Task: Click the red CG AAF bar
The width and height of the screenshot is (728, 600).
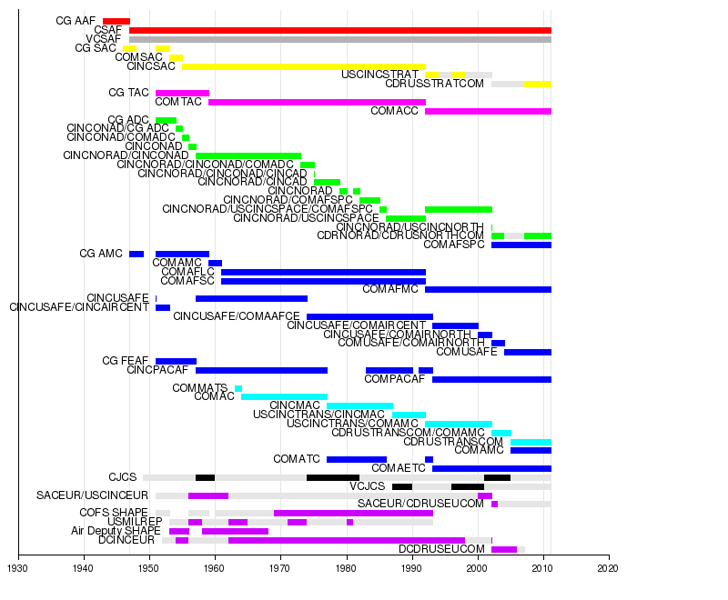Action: (116, 20)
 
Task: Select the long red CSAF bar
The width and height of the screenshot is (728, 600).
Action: (340, 30)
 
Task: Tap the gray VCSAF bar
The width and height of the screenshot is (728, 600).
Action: (340, 39)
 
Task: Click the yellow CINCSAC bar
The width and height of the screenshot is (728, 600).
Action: (304, 66)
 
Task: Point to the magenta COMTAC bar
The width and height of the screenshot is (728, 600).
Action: (317, 102)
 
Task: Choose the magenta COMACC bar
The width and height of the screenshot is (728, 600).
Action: (488, 111)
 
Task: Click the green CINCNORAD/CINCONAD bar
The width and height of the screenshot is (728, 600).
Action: (248, 155)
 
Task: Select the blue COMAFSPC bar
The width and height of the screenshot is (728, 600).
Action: (521, 245)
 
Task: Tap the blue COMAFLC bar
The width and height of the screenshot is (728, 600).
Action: (323, 272)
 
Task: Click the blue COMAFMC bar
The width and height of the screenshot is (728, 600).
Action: (488, 289)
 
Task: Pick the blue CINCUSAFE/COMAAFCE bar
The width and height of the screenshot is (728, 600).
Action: (369, 316)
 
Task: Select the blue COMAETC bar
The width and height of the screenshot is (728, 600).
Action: (491, 468)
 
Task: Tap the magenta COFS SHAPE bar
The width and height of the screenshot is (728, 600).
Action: (353, 513)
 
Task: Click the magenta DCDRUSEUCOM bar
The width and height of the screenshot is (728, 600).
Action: (504, 549)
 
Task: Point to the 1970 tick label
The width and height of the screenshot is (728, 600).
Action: (280, 569)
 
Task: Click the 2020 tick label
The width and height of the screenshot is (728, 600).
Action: (608, 569)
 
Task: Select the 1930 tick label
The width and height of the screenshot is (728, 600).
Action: (17, 569)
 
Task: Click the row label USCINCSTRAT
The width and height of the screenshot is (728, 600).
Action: (380, 75)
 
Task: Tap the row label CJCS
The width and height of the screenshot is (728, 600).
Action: (122, 477)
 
